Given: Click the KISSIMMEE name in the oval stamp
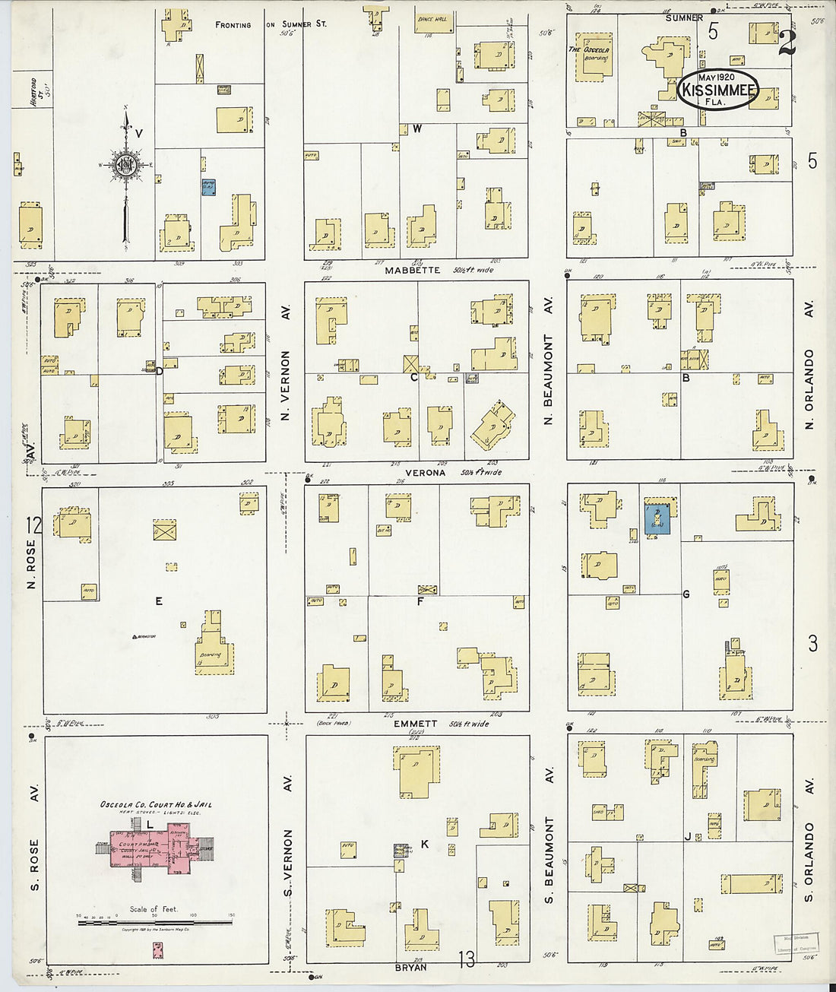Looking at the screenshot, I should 718,90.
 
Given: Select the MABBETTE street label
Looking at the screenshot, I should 413,270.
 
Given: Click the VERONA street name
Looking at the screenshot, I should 425,472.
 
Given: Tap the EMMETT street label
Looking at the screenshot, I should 415,724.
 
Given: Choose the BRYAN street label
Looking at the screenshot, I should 410,968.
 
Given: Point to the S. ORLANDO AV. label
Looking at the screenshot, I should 809,840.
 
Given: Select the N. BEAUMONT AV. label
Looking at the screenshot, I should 549,361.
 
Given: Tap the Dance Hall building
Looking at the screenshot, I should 435,23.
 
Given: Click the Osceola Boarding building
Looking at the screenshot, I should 593,57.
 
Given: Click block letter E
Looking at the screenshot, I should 159,601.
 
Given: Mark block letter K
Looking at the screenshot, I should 425,844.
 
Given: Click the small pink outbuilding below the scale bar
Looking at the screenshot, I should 157,949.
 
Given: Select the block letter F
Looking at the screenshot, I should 420,602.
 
